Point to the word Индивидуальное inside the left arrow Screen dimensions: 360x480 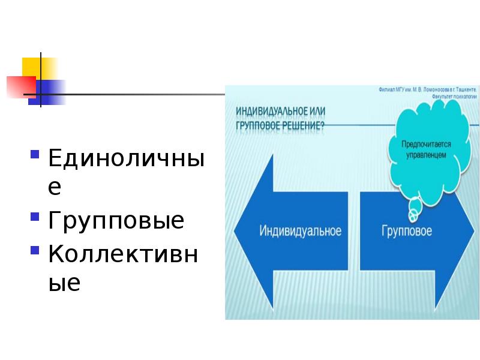tap(300, 231)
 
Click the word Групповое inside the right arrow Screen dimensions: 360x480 tap(406, 231)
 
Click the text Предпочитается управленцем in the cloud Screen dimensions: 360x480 tap(427, 149)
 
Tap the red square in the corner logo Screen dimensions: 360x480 tap(19, 86)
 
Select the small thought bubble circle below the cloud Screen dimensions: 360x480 tap(414, 211)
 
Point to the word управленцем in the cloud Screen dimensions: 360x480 tap(427, 155)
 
